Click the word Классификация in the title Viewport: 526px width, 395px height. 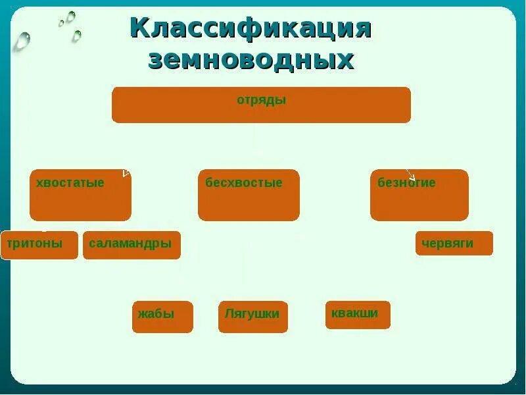251,29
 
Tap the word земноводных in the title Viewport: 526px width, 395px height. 251,61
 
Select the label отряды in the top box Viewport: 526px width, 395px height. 261,101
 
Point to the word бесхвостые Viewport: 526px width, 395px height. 243,183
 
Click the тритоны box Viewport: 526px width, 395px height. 39,245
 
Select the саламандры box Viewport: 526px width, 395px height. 131,245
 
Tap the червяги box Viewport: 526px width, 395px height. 454,244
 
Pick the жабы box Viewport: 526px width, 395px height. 162,317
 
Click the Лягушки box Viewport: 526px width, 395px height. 252,317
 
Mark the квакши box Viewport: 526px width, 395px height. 358,315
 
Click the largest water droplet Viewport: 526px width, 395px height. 22,41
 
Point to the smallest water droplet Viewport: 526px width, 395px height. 61,23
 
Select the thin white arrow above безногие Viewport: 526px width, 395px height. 410,175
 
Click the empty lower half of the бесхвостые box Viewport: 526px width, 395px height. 249,206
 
